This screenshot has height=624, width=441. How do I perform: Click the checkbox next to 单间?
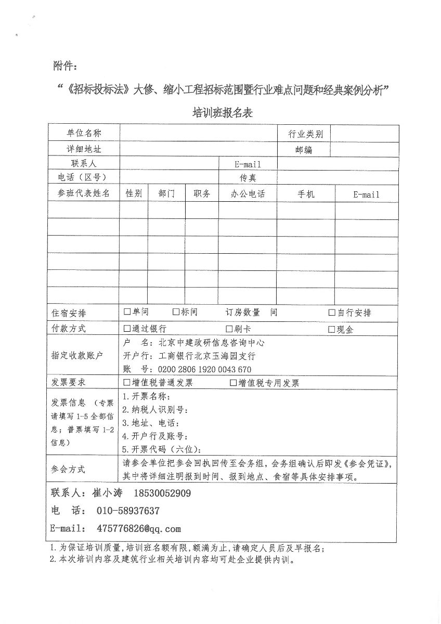[127, 312]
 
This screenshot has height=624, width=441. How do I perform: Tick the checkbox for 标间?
[176, 312]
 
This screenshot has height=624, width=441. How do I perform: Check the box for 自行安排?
[332, 313]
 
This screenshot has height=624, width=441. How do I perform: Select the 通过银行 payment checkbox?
[127, 329]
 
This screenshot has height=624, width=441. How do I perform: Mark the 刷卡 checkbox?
[229, 329]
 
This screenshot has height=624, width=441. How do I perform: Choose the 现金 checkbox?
[332, 329]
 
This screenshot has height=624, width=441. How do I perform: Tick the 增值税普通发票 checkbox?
[127, 383]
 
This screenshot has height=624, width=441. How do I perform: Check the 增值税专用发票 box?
[233, 383]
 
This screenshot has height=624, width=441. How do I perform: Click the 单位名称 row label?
[84, 133]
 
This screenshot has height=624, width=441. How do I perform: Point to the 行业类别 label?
[305, 134]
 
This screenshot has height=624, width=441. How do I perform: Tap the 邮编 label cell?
[304, 150]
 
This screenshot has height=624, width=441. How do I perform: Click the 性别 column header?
[134, 193]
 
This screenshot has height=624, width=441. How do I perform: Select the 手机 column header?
[306, 194]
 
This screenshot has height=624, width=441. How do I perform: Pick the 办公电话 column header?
[248, 194]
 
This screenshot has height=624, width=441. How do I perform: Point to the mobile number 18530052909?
[162, 493]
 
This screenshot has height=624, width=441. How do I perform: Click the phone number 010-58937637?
[128, 511]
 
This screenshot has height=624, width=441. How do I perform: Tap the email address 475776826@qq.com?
[139, 528]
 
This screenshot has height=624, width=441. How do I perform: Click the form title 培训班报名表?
[223, 113]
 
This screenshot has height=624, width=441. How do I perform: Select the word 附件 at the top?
[64, 66]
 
